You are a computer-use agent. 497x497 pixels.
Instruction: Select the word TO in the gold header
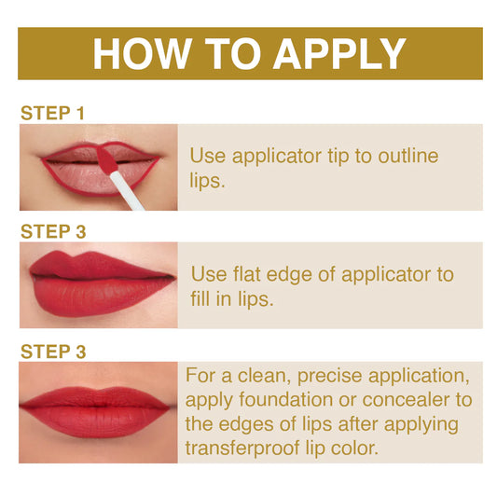tap(234, 54)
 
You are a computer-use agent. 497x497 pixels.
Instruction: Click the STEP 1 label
tap(53, 113)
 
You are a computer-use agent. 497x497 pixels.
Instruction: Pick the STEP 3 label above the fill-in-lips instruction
tap(53, 232)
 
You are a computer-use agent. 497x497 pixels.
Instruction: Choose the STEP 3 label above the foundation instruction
tap(53, 352)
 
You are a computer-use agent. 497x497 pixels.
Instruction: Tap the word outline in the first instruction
tap(405, 156)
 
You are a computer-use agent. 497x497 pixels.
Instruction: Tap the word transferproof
tap(260, 449)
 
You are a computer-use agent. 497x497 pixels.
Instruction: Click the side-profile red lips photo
tap(98, 281)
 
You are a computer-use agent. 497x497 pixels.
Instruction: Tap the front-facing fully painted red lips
tap(98, 410)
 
